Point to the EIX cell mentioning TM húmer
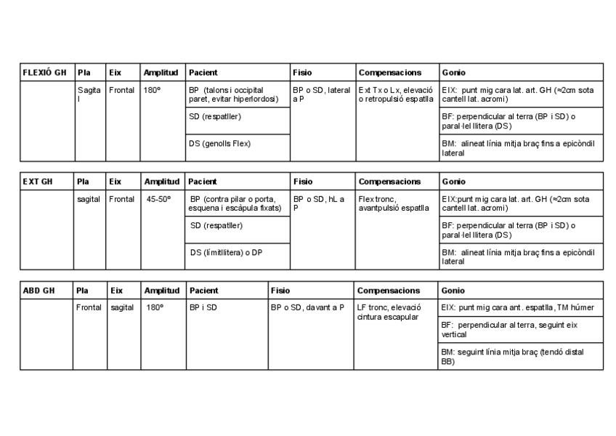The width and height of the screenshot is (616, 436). point(517,307)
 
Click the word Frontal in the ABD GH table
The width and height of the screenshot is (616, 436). point(89,307)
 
